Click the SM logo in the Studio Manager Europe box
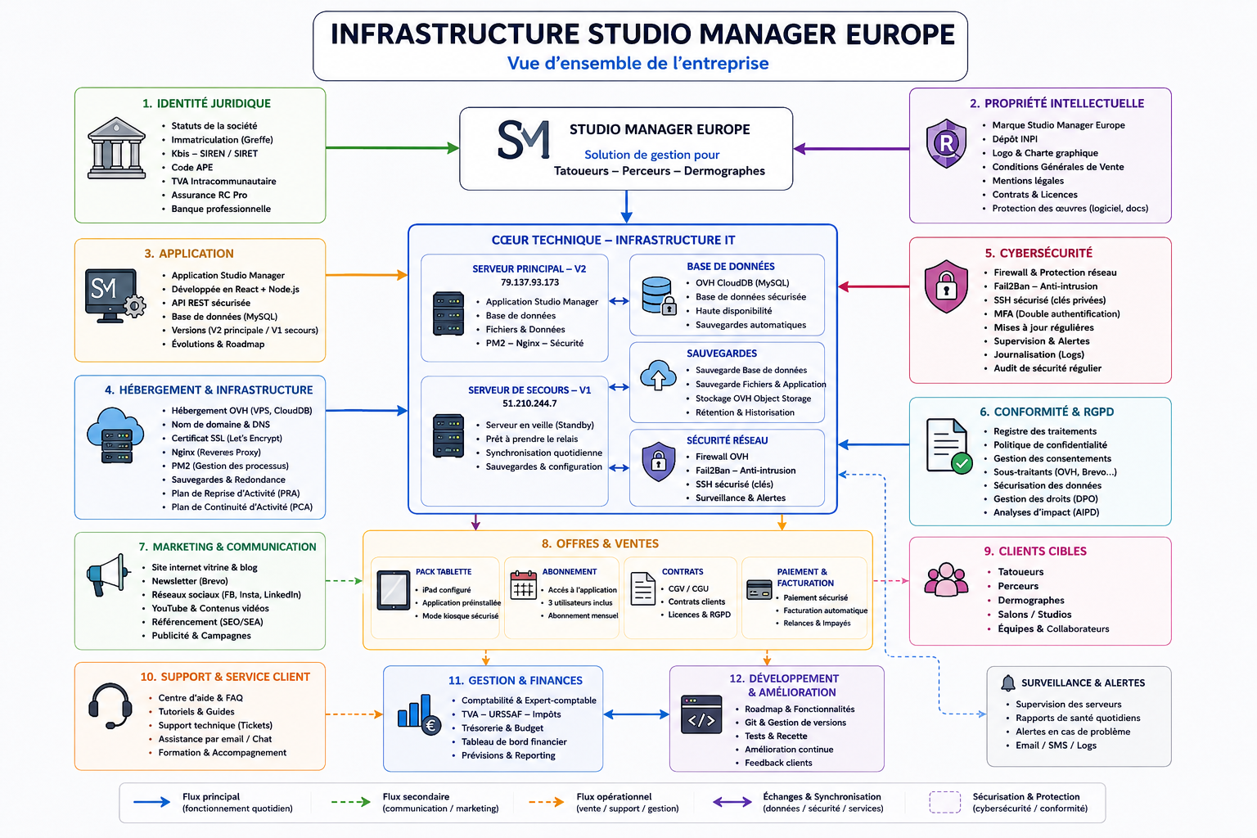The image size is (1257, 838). click(x=523, y=139)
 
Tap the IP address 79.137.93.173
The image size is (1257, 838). click(x=529, y=282)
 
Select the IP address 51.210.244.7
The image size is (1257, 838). click(x=529, y=403)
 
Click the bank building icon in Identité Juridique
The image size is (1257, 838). click(x=117, y=148)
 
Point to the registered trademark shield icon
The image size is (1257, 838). click(x=946, y=144)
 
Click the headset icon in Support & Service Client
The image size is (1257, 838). click(x=110, y=706)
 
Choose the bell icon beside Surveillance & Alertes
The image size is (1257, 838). click(x=1008, y=683)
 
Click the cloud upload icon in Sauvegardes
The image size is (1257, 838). click(x=658, y=375)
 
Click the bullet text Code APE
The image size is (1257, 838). click(x=192, y=167)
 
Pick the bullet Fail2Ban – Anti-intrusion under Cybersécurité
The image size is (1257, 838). click(x=1045, y=286)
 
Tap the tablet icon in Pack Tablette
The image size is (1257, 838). click(x=393, y=590)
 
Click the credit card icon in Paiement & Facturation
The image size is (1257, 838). click(x=759, y=589)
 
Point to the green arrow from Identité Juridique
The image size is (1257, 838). click(x=392, y=148)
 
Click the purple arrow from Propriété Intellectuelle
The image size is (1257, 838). click(x=851, y=149)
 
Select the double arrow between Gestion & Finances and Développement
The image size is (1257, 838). click(x=637, y=714)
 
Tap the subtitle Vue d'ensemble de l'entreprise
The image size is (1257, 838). click(x=638, y=63)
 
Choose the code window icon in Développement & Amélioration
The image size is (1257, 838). click(x=701, y=714)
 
